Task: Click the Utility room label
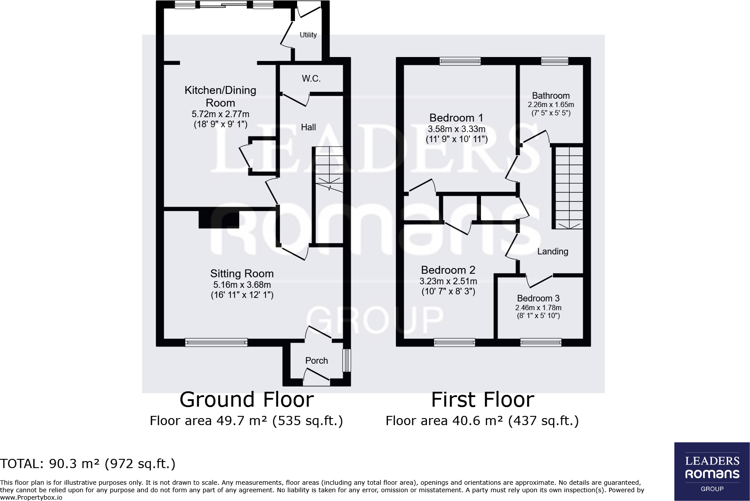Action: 308,35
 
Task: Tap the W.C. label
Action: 311,79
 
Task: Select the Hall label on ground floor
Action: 308,127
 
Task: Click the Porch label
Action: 316,361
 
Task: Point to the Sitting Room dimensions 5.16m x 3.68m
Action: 242,285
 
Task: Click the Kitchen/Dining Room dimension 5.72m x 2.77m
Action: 220,114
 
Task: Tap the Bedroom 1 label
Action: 456,118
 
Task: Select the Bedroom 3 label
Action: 538,298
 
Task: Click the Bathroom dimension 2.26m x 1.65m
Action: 551,105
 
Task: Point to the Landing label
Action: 553,251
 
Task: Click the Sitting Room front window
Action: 216,342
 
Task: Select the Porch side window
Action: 347,360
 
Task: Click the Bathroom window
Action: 555,61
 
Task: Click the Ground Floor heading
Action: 247,400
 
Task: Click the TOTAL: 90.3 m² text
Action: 88,464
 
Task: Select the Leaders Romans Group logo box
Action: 712,471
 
